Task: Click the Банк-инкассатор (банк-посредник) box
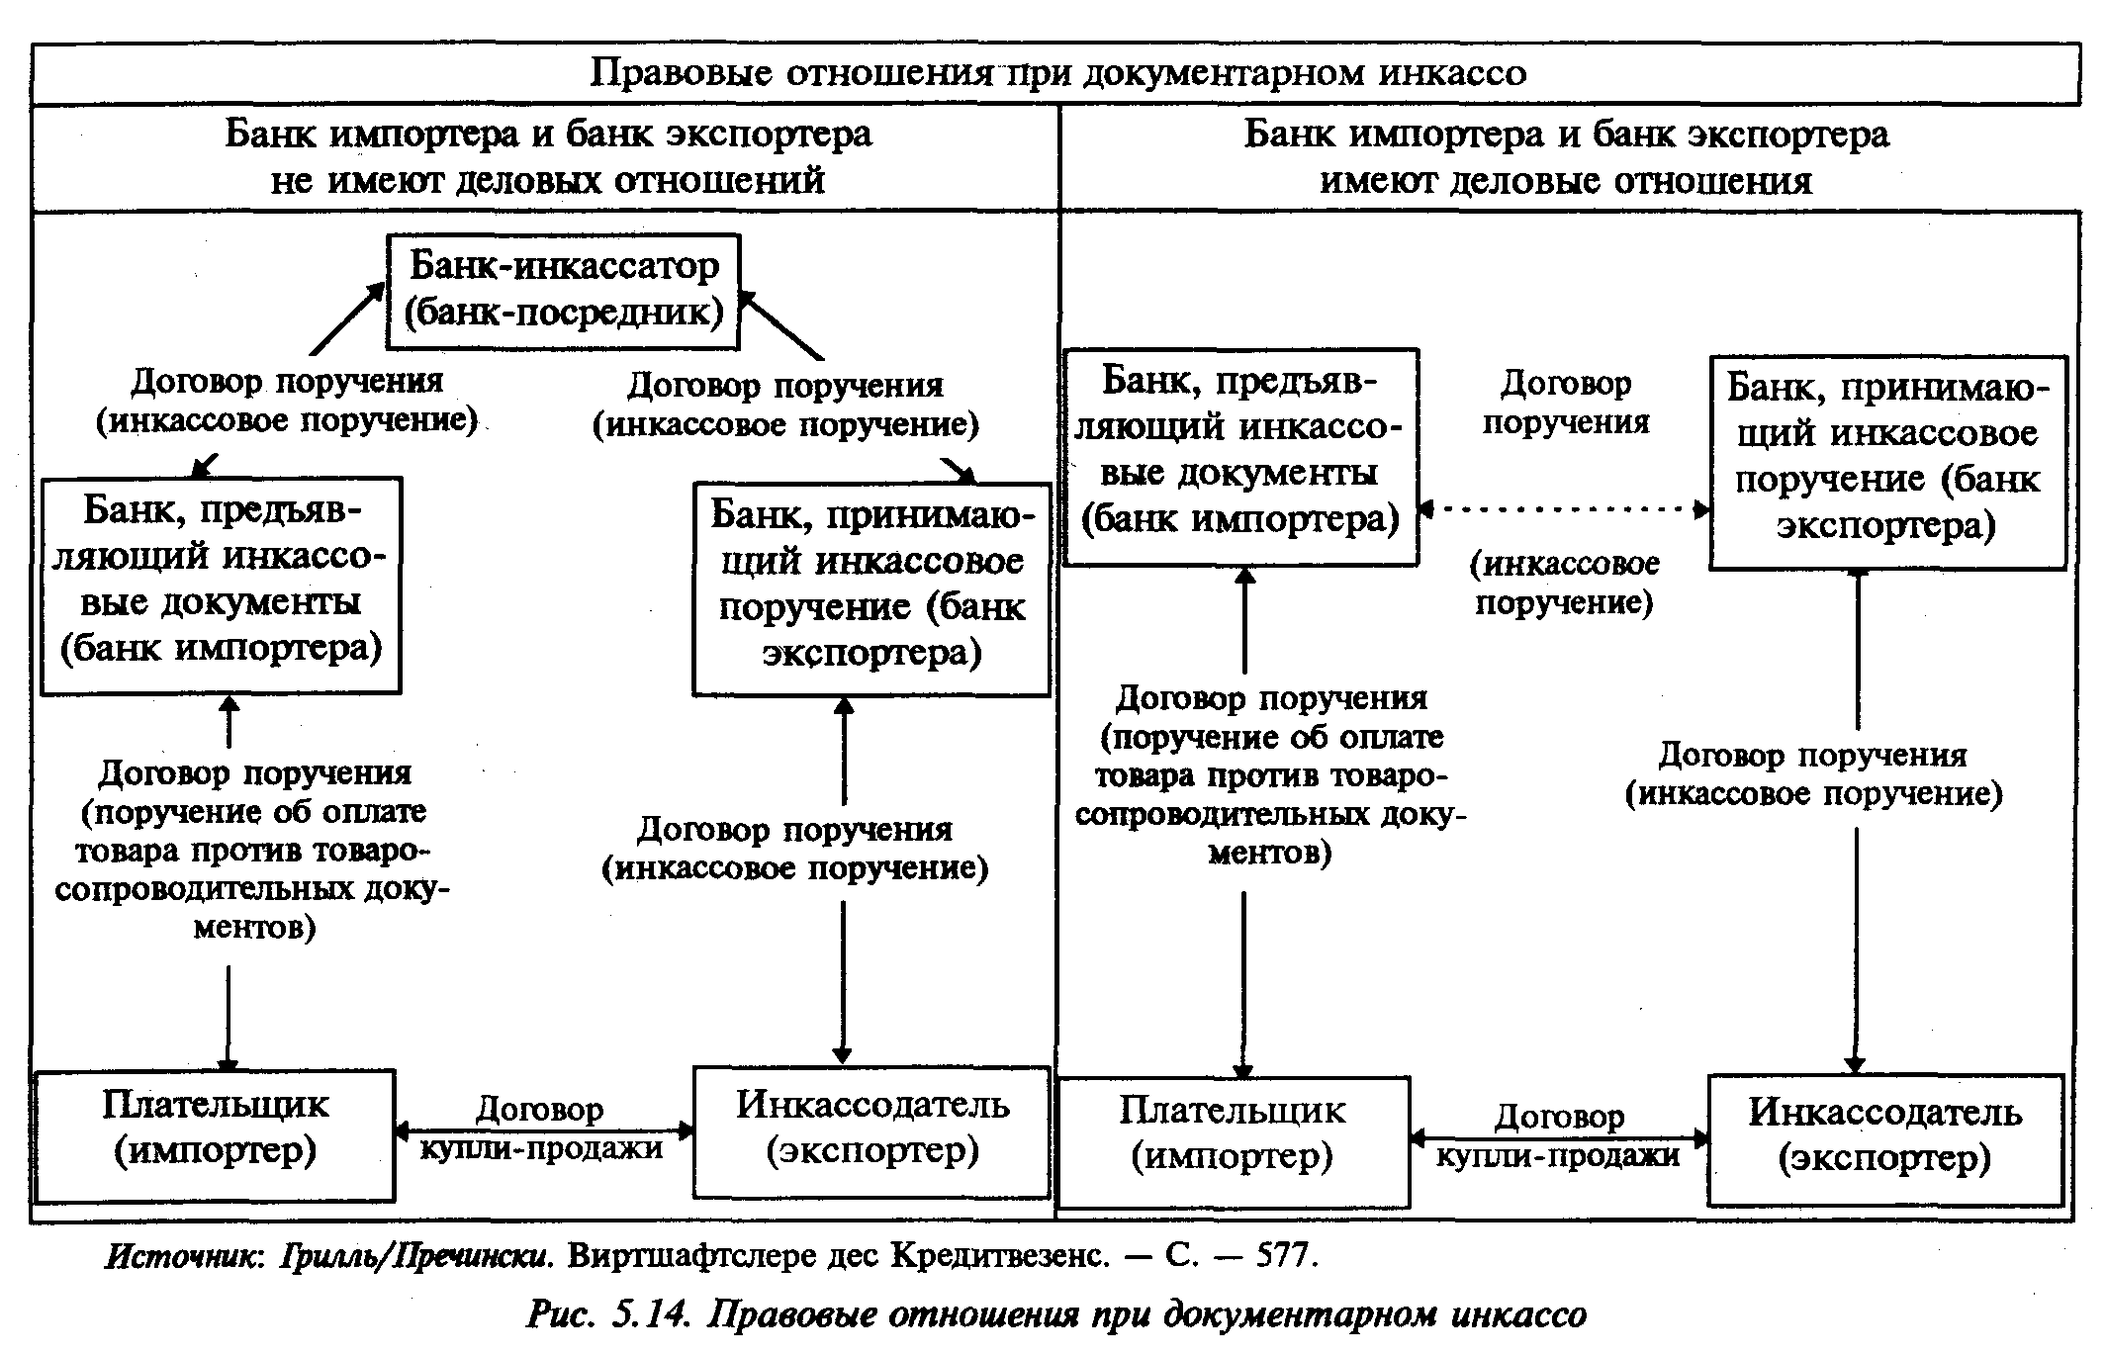pyautogui.click(x=563, y=291)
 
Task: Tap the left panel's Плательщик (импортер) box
pyautogui.click(x=215, y=1134)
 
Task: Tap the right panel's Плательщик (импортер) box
pyautogui.click(x=1233, y=1140)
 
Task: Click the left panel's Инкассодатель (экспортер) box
pyautogui.click(x=871, y=1131)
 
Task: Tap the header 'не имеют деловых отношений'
pyautogui.click(x=547, y=180)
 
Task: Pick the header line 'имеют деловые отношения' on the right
pyautogui.click(x=1566, y=181)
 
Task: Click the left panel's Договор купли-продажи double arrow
pyautogui.click(x=544, y=1130)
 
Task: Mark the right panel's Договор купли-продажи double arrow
pyautogui.click(x=1560, y=1138)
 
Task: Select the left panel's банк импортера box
pyautogui.click(x=221, y=585)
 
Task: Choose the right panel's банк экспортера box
pyautogui.click(x=1887, y=462)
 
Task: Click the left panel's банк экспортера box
pyautogui.click(x=871, y=589)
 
